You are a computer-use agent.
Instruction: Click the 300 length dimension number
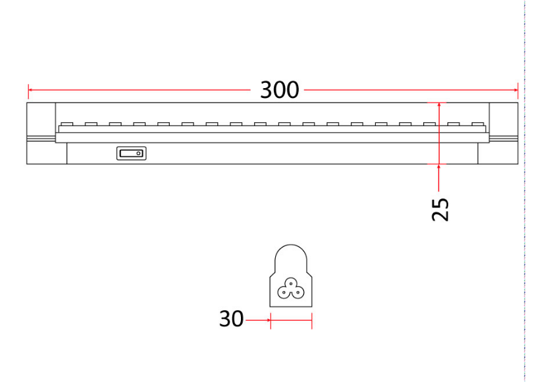(x=280, y=90)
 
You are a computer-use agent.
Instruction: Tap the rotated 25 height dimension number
(x=440, y=209)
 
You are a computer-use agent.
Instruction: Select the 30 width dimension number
(x=231, y=319)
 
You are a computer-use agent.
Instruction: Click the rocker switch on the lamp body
(x=132, y=153)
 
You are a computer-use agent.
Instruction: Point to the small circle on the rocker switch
(x=138, y=153)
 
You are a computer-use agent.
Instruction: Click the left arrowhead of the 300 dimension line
(x=30, y=90)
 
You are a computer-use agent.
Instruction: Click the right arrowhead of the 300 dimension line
(x=515, y=90)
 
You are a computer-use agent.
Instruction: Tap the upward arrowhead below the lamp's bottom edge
(x=439, y=167)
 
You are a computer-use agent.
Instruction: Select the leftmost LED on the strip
(x=66, y=124)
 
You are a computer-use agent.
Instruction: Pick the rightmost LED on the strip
(x=478, y=124)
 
